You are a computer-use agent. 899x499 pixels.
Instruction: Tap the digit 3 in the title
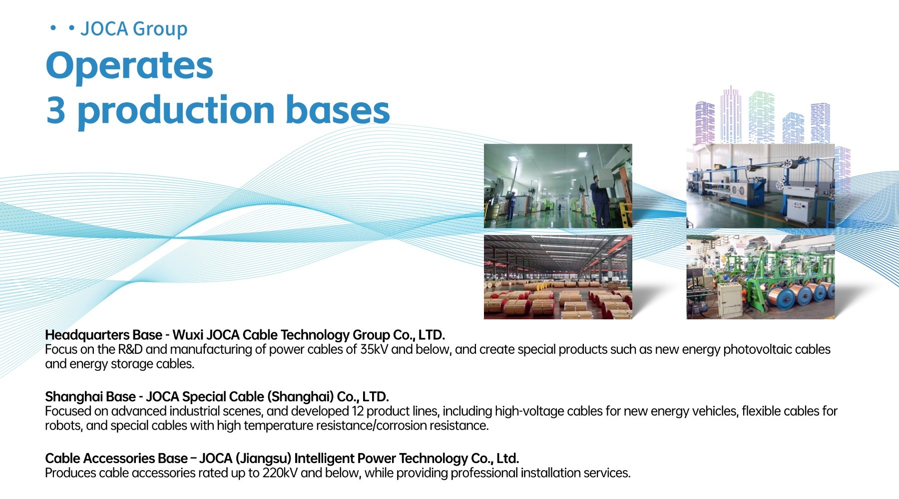pos(56,110)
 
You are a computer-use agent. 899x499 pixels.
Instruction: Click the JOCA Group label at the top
pos(134,29)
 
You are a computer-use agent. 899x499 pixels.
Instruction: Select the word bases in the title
pos(338,110)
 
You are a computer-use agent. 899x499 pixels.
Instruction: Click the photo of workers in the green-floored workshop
pos(558,186)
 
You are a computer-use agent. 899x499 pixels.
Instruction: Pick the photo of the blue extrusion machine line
pos(761,186)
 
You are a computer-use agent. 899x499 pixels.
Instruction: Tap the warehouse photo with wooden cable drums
pos(558,277)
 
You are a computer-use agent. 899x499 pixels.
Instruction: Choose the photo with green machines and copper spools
pos(761,277)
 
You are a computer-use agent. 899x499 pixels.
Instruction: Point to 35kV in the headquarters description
pos(374,349)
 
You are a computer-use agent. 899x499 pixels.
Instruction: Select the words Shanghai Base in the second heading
pos(90,397)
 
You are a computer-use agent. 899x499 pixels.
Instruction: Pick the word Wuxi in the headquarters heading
pos(188,335)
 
